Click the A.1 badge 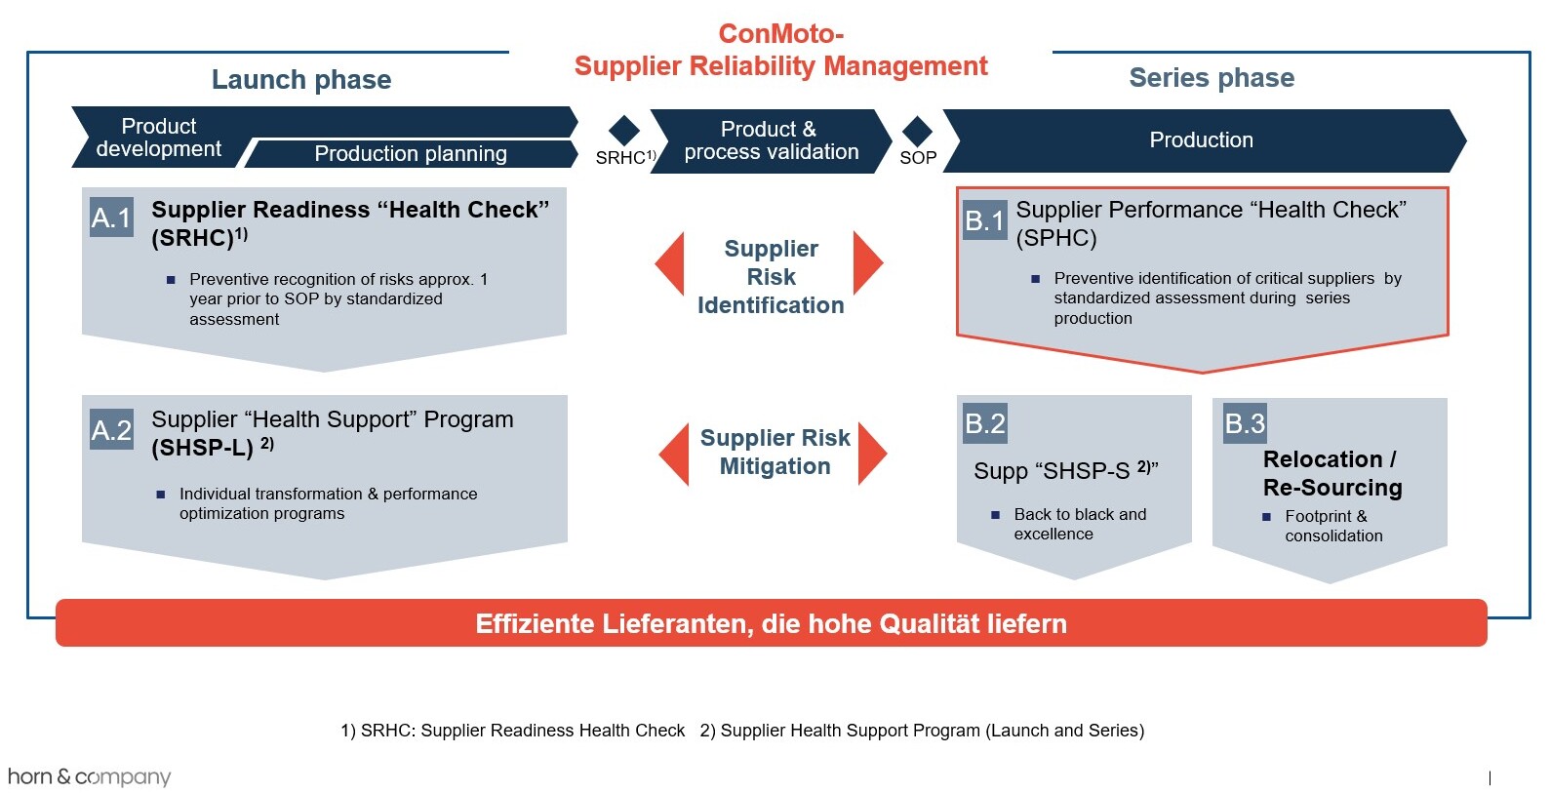[111, 218]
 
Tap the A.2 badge [111, 430]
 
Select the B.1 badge [985, 220]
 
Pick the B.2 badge [985, 422]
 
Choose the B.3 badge [1245, 422]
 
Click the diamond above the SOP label [918, 130]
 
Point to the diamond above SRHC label [624, 130]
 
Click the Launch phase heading [301, 80]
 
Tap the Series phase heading [1212, 77]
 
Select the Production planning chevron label [411, 153]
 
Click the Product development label [158, 137]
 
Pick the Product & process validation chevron [771, 140]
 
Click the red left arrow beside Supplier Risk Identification [670, 263]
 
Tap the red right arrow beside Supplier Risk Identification [868, 263]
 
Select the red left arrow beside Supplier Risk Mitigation [674, 454]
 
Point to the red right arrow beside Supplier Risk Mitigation [873, 454]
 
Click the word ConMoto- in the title [780, 34]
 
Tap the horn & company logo [90, 776]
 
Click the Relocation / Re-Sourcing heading [1332, 473]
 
